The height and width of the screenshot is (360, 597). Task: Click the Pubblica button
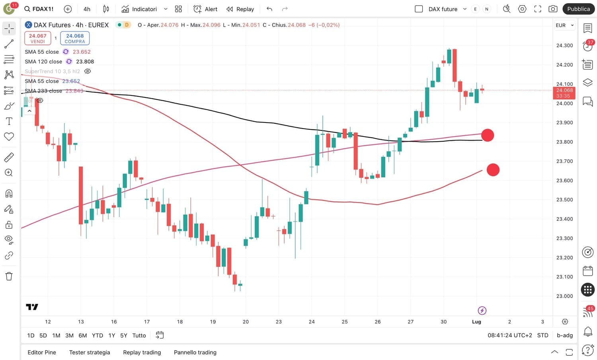578,9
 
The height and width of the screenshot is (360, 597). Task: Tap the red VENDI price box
37,38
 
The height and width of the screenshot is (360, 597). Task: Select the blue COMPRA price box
75,38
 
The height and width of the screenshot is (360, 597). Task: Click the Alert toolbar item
205,9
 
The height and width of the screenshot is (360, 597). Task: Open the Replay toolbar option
240,9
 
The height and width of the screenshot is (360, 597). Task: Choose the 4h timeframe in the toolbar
87,9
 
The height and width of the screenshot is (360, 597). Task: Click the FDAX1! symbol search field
39,9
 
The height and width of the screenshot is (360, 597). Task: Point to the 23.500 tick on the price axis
564,200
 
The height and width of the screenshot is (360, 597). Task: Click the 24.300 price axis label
564,45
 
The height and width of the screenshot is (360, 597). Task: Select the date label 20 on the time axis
246,321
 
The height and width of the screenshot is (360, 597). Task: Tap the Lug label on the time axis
476,321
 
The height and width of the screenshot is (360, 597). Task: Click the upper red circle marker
488,135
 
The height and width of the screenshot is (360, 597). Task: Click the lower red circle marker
493,170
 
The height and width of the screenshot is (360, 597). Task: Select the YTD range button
97,335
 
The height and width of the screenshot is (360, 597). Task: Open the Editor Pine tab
42,352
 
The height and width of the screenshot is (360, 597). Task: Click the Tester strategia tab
90,352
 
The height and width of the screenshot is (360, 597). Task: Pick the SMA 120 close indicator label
43,62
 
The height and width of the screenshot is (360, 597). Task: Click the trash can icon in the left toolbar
9,276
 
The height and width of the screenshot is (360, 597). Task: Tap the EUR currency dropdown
564,25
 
